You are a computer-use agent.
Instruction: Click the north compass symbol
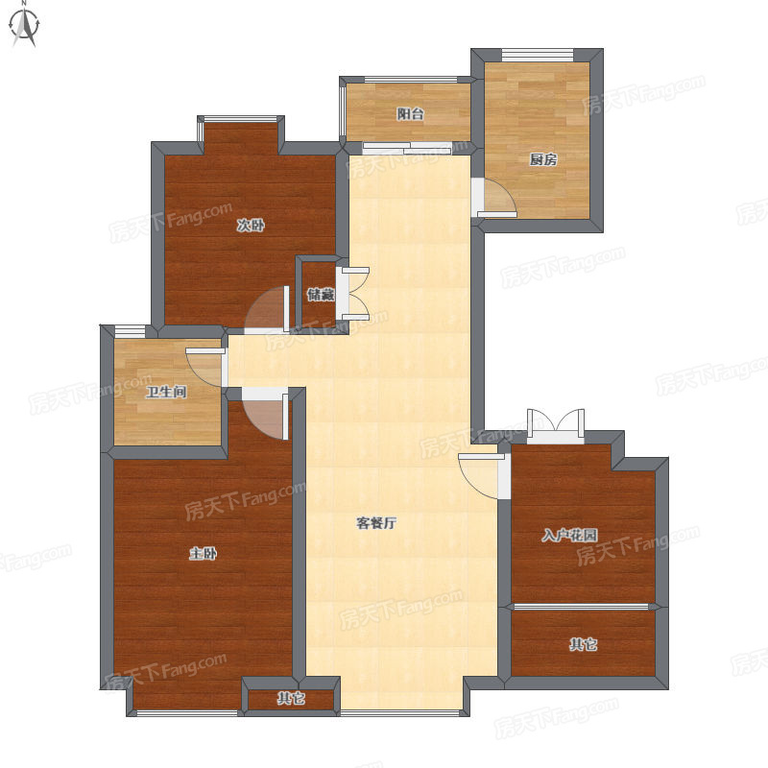point(25,25)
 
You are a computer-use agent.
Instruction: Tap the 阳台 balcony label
point(411,114)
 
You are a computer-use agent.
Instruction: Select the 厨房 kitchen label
point(543,159)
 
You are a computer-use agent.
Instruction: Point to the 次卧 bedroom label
point(251,226)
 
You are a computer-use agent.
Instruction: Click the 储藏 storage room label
point(321,295)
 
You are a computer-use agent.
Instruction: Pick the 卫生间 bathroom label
point(166,392)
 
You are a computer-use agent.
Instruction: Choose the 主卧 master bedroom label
point(203,554)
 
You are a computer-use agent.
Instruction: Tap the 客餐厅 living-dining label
point(376,523)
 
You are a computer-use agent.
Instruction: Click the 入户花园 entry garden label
point(569,535)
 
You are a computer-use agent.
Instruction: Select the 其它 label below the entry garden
point(583,644)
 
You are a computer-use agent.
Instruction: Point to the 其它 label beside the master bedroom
point(292,698)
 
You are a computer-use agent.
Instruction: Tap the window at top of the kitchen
point(538,55)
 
